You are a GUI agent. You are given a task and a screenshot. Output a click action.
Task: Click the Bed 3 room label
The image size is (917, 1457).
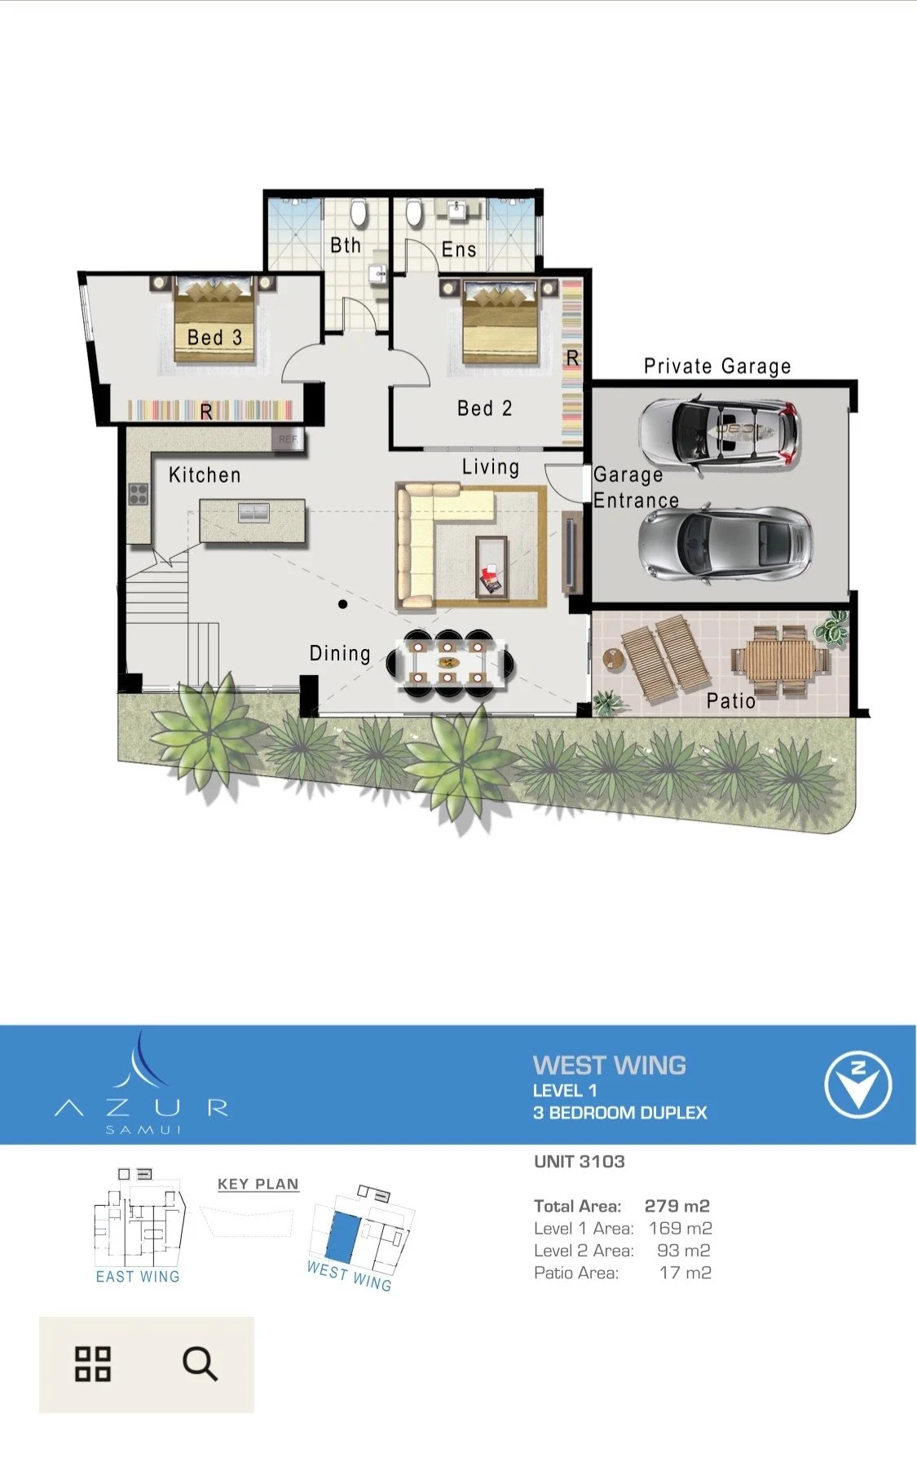pos(214,337)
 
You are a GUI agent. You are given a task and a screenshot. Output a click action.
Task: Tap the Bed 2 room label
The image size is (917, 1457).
pos(485,408)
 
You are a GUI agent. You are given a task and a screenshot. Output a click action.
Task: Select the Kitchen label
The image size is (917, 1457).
pos(205,475)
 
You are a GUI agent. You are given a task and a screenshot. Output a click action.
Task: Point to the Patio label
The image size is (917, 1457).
pos(731,700)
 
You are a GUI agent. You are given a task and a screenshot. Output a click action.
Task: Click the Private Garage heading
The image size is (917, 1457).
pos(717,366)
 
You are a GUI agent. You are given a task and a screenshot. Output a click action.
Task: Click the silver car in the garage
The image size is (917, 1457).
pos(725,545)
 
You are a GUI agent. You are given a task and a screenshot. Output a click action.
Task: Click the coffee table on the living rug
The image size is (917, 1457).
pos(492,567)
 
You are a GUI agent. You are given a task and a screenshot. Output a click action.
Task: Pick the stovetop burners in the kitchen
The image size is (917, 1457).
pos(139,494)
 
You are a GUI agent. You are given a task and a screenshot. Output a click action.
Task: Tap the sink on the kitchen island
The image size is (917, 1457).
pos(253,513)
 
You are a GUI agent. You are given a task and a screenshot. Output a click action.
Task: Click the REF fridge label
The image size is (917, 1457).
pos(289,439)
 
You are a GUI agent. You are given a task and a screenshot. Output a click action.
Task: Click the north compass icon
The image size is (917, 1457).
pos(857,1084)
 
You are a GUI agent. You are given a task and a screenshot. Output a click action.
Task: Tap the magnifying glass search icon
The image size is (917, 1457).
pos(200,1363)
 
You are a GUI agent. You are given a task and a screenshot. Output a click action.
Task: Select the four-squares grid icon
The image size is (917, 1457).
pos(93,1364)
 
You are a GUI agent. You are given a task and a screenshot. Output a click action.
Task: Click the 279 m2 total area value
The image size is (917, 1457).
pos(677,1206)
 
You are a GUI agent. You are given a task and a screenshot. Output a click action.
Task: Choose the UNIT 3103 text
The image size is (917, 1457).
pos(580,1161)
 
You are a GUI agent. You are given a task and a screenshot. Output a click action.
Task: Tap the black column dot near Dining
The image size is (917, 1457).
pos(343,604)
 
